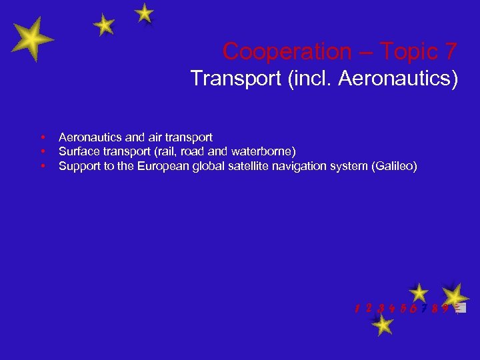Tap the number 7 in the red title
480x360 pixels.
point(449,51)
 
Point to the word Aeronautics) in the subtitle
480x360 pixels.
point(398,79)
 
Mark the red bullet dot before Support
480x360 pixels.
point(42,166)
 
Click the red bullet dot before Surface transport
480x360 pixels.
point(42,151)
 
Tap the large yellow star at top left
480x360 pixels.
point(32,39)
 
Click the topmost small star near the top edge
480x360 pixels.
point(144,13)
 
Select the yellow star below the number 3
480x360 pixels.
point(382,325)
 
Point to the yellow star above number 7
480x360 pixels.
point(419,292)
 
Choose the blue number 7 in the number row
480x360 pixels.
point(424,309)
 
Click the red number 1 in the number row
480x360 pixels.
point(358,309)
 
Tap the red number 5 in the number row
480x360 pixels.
point(403,309)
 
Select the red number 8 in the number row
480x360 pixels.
point(434,309)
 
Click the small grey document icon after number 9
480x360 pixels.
point(460,309)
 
